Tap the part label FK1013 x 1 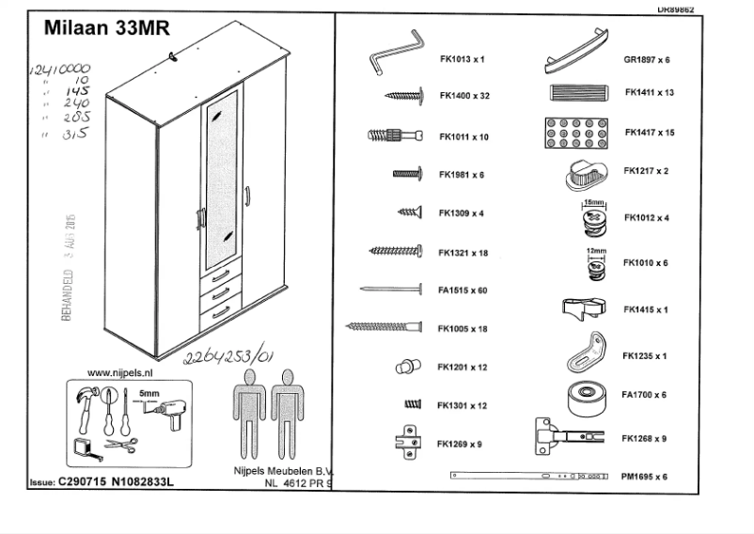(x=461, y=58)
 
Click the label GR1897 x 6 (x=646, y=59)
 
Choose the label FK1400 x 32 (x=464, y=96)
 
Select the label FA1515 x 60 (x=463, y=291)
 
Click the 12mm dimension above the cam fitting (x=594, y=251)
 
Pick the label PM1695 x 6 (x=645, y=477)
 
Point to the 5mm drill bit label (x=149, y=393)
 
